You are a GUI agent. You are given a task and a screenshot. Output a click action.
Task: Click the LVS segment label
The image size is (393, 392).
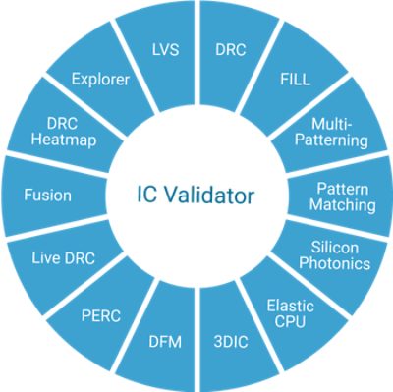tap(166, 50)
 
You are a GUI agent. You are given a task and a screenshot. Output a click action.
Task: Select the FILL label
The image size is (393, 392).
tap(295, 80)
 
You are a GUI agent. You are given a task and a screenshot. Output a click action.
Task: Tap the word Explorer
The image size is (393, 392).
tap(100, 80)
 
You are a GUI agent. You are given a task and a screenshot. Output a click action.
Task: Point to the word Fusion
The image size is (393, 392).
tap(48, 196)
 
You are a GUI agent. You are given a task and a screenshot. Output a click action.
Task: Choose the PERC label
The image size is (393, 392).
tap(101, 316)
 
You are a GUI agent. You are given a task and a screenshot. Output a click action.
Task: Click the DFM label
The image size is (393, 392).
tap(165, 342)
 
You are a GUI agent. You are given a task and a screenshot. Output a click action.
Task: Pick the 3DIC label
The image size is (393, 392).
tap(231, 342)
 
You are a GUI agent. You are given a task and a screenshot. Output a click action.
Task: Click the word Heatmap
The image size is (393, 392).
tap(64, 140)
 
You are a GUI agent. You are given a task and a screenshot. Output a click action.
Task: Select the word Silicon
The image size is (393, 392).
tap(335, 248)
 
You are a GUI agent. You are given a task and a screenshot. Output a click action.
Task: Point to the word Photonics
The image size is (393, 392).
tap(335, 263)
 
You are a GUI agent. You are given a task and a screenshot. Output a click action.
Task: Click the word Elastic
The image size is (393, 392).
tap(291, 306)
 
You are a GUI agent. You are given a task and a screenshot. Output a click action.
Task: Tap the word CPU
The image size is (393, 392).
tap(290, 321)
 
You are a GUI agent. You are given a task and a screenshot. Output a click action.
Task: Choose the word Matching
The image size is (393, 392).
tap(343, 205)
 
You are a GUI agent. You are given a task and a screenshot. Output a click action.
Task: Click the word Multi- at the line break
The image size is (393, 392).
tap(332, 124)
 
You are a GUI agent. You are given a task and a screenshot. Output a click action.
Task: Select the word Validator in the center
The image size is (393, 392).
tap(209, 196)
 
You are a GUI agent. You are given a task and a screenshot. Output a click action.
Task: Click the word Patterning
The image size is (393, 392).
tap(331, 140)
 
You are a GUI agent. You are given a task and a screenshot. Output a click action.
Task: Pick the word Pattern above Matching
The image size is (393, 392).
tap(343, 189)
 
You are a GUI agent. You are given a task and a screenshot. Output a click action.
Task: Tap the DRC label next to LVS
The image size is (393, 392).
tap(231, 50)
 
